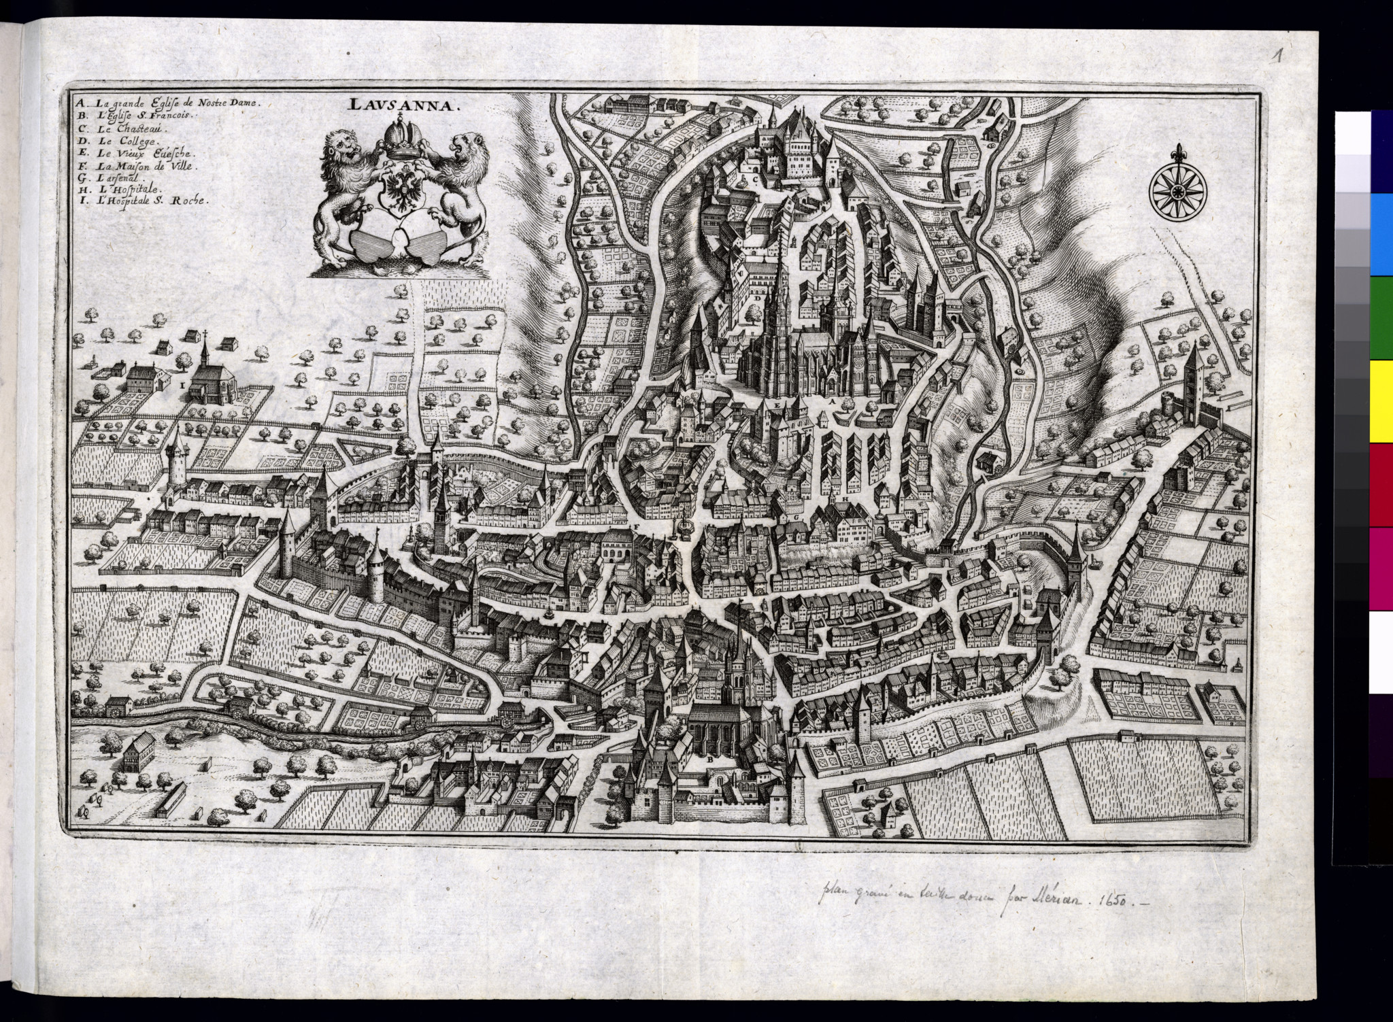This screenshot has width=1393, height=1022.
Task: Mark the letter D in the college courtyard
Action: click(756, 298)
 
